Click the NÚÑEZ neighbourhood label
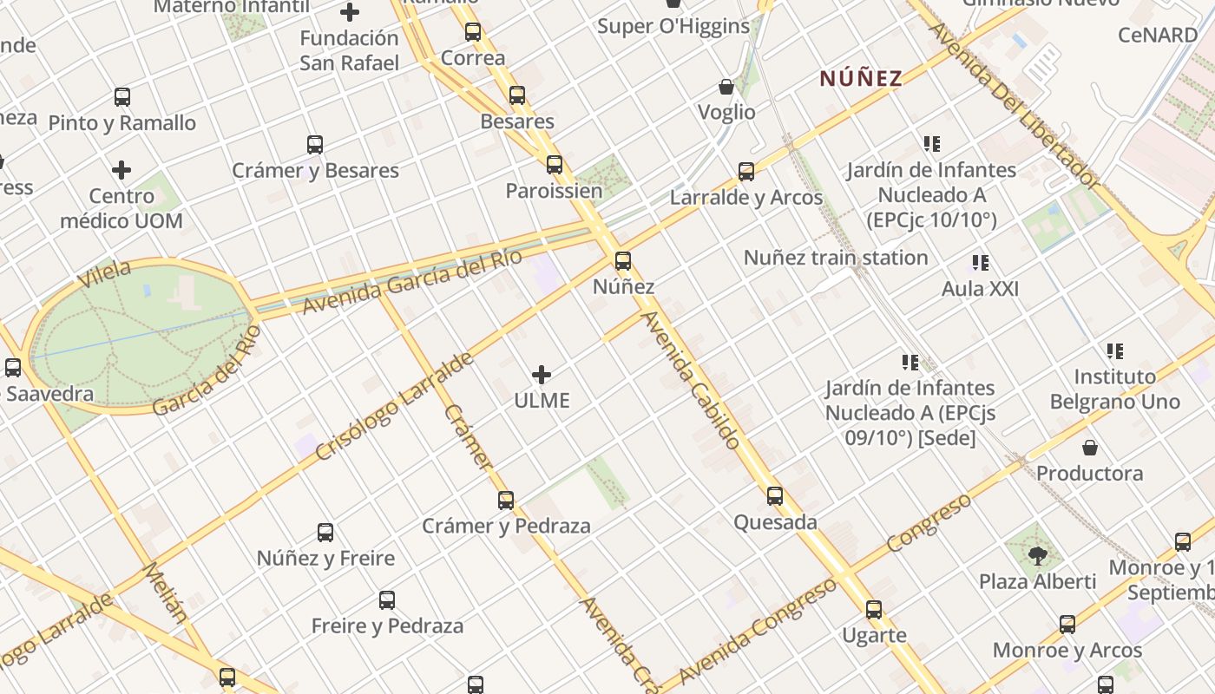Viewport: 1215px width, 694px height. (861, 78)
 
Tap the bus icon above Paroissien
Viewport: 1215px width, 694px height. (555, 164)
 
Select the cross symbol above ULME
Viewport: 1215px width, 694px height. (542, 375)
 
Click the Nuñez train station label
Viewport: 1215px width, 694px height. (836, 258)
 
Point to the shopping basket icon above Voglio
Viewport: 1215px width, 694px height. (726, 87)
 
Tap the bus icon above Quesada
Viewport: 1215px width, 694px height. (775, 496)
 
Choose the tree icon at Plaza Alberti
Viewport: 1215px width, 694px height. (1037, 554)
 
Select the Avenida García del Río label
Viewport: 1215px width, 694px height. (411, 281)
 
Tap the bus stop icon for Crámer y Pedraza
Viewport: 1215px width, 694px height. (506, 501)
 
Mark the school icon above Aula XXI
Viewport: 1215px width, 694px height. (981, 262)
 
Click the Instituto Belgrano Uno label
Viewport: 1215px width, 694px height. (1115, 389)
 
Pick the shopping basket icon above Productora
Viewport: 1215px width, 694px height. (1090, 448)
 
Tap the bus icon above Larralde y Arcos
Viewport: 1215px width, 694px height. (746, 172)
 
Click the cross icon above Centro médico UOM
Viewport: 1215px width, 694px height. (121, 169)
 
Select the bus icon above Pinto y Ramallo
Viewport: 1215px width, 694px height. (122, 97)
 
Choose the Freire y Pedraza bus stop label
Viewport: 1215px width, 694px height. (387, 625)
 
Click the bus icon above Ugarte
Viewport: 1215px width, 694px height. (874, 610)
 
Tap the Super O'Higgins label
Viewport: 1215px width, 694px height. (673, 26)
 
